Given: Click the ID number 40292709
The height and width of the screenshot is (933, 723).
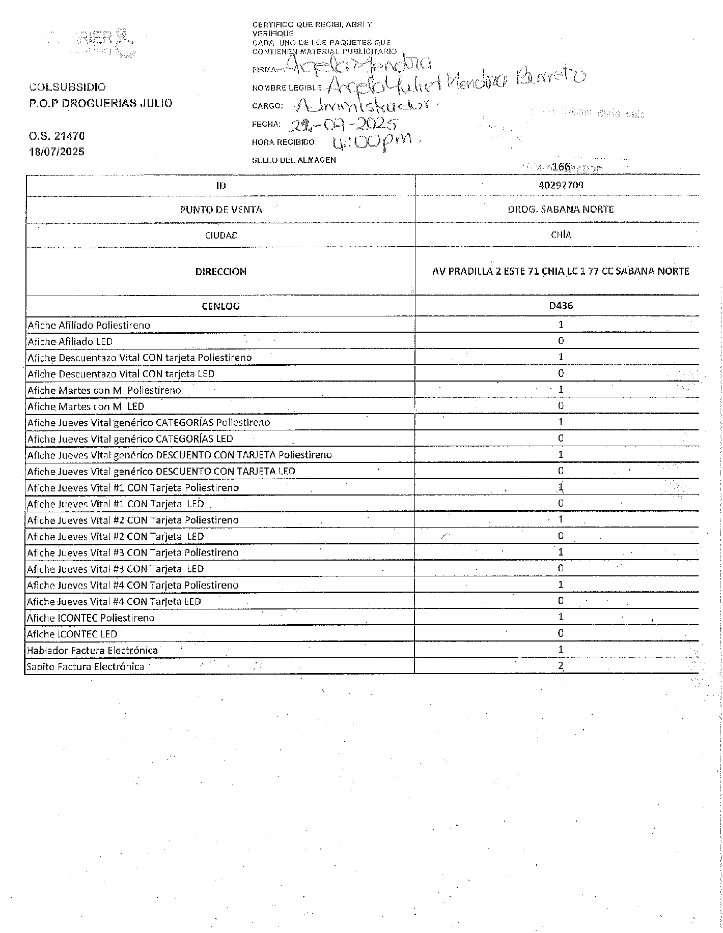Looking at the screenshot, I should pos(561,185).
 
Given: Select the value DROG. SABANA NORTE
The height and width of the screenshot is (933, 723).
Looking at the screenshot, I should pos(561,209).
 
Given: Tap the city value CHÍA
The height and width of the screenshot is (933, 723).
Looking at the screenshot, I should pos(561,235).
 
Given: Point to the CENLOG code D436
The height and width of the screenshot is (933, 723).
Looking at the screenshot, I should pos(561,306).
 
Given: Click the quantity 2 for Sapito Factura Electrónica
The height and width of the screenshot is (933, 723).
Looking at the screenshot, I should pos(561,666).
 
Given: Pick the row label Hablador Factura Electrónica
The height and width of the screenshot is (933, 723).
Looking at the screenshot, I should pos(92,650).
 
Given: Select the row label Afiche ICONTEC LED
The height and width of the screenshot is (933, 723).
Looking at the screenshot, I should pos(72,634).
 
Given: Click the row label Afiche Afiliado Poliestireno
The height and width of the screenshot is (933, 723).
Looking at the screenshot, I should pos(89,325).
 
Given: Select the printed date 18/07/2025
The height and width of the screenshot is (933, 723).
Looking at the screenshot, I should pos(57,152).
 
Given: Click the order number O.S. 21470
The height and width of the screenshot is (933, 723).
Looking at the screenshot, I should pos(57,136).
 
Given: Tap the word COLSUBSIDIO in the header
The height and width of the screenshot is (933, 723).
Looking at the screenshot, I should pos(67,87).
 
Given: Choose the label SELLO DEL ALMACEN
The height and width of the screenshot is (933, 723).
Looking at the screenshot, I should pos(294,160).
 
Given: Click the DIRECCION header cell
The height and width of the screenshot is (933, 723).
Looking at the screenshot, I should pos(220,272).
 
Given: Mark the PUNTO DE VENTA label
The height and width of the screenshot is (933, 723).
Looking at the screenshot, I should pos(220,210).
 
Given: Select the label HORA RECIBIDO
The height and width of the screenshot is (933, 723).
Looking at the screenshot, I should pos(284,142).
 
